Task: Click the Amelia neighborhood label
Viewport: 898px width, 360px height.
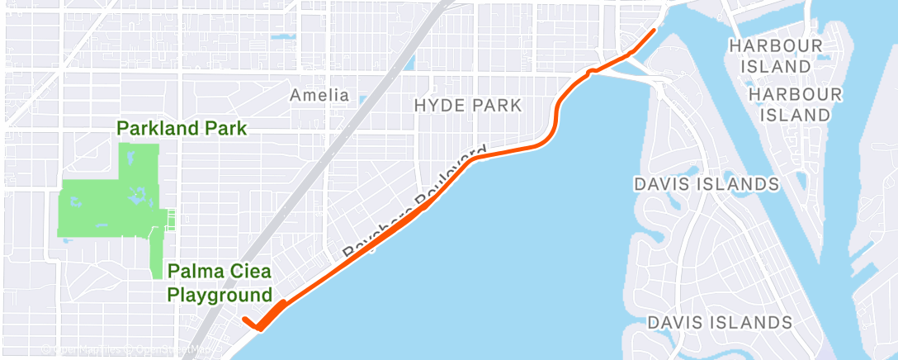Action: click(319, 95)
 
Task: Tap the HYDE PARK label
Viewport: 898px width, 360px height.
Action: click(468, 105)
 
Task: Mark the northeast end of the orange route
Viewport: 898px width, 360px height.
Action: click(655, 31)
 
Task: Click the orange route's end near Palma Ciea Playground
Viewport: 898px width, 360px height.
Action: click(244, 320)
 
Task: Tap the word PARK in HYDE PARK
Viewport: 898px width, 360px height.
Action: click(498, 105)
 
